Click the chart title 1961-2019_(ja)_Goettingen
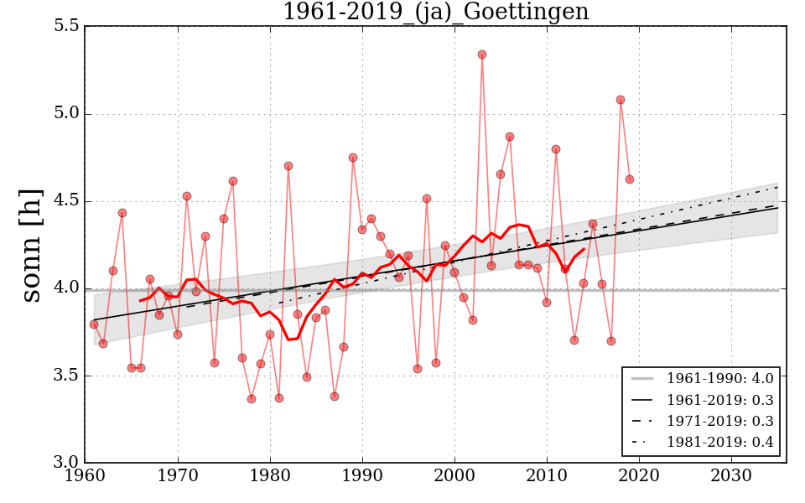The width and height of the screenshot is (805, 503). pyautogui.click(x=435, y=13)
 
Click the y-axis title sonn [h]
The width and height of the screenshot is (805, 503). pyautogui.click(x=32, y=245)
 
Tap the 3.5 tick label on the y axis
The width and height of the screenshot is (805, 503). pyautogui.click(x=67, y=375)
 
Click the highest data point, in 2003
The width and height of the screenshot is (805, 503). pyautogui.click(x=482, y=54)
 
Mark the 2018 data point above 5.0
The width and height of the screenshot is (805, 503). pyautogui.click(x=621, y=100)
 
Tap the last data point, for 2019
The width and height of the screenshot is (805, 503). pyautogui.click(x=630, y=179)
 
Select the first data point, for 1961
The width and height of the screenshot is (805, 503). pyautogui.click(x=94, y=324)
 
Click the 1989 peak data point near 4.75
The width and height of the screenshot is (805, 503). pyautogui.click(x=353, y=158)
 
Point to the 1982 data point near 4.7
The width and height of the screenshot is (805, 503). pyautogui.click(x=288, y=166)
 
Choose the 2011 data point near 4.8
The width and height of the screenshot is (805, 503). pyautogui.click(x=556, y=149)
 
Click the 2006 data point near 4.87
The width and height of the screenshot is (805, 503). pyautogui.click(x=510, y=137)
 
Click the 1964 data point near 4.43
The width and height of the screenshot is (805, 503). pyautogui.click(x=122, y=213)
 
